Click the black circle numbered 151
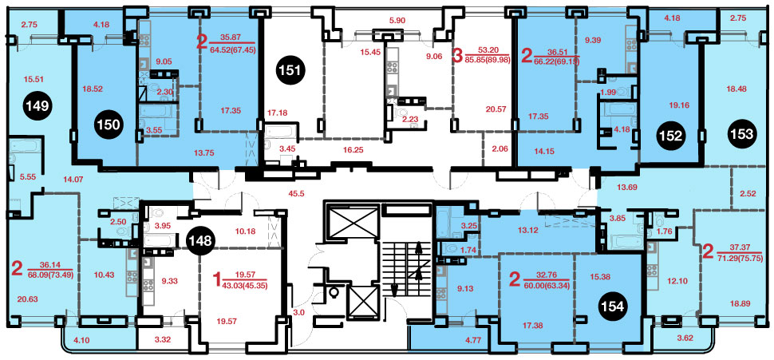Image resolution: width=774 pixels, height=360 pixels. coord(292,70)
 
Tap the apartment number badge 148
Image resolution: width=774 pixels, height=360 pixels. coord(202,241)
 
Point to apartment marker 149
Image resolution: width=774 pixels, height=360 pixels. coord(38,105)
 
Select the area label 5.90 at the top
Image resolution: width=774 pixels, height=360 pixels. coord(397,21)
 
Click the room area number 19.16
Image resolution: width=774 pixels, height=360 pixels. coord(680,105)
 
